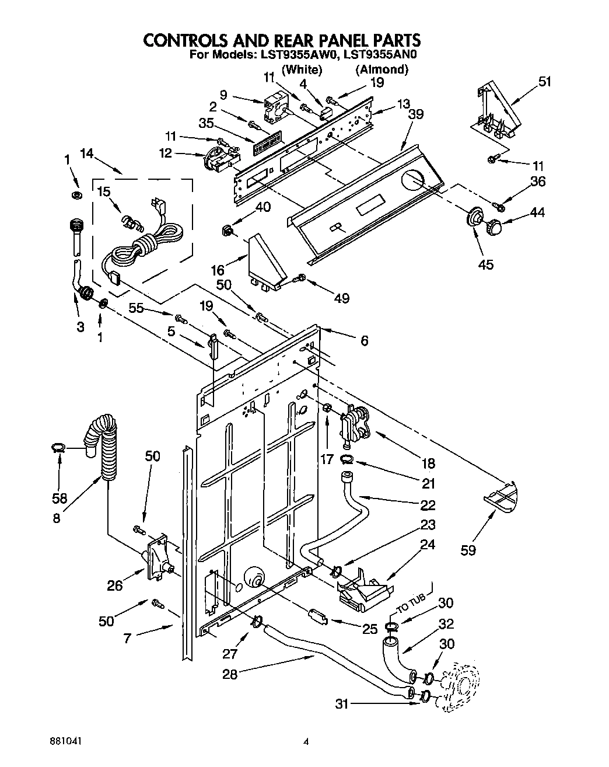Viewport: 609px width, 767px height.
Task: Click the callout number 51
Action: (x=544, y=81)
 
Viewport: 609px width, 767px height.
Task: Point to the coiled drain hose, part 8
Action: (x=104, y=444)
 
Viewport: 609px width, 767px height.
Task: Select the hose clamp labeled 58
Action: (x=57, y=448)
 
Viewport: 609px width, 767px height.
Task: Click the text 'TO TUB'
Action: (x=412, y=607)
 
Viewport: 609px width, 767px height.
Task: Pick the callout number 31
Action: (x=342, y=704)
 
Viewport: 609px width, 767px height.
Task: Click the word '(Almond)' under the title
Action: (x=381, y=69)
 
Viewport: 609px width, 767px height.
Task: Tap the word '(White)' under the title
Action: (x=302, y=69)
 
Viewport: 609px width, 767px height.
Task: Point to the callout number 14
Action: (x=87, y=154)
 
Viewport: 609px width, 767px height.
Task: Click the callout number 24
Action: (x=428, y=546)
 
